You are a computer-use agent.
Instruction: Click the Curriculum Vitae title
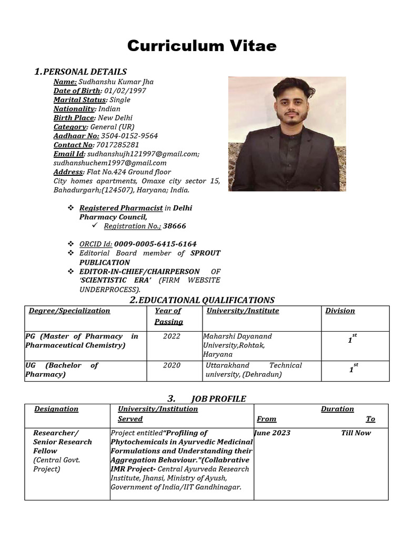[x=201, y=46]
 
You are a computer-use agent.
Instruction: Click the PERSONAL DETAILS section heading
[x=85, y=72]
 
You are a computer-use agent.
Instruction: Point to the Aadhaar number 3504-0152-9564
[x=129, y=136]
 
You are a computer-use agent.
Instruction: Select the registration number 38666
[x=174, y=226]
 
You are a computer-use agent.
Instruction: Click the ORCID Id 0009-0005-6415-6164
[x=155, y=244]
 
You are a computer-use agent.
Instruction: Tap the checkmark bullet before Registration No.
[x=95, y=225]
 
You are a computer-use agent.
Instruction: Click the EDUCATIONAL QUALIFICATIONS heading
[x=206, y=300]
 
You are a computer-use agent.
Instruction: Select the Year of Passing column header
[x=168, y=316]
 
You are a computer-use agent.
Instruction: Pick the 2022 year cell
[x=171, y=336]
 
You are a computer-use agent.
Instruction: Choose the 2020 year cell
[x=171, y=365]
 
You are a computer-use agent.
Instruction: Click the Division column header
[x=340, y=311]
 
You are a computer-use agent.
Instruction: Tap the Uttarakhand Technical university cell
[x=254, y=370]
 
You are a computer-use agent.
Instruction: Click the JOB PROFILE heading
[x=218, y=398]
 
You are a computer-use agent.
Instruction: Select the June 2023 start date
[x=272, y=433]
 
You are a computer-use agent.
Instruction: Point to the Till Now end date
[x=356, y=433]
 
